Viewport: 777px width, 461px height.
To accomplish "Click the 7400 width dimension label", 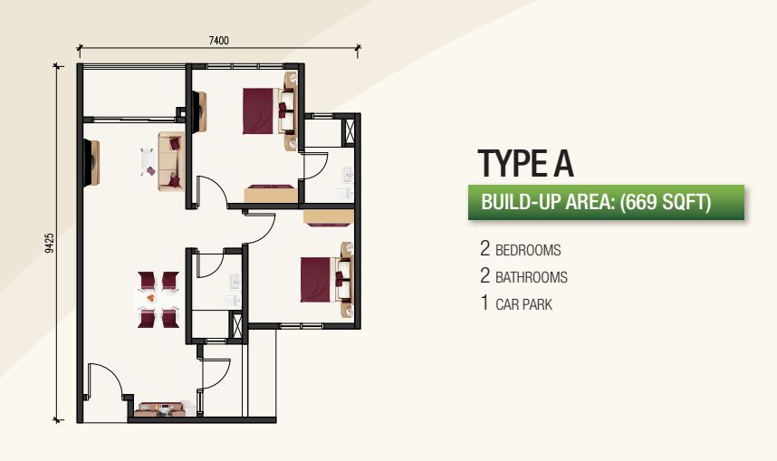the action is tap(218, 41).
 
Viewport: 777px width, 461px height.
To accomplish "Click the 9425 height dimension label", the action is tap(50, 244).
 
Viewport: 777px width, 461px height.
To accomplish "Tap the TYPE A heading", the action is tap(526, 163).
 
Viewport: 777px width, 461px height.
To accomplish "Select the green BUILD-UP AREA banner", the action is tap(606, 202).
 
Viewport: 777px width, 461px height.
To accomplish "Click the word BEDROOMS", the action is tap(528, 250).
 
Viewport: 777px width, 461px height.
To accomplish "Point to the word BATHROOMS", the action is tap(532, 277).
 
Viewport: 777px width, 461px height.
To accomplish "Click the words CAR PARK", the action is tap(523, 304).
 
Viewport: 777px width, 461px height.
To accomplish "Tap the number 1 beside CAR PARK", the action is tap(484, 303).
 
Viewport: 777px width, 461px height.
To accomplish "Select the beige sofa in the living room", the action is tap(171, 161).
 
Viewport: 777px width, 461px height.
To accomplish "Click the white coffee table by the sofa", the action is tap(148, 161).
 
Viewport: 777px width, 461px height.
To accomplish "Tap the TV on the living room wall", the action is tap(92, 163).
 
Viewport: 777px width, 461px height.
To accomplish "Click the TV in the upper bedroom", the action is tap(199, 112).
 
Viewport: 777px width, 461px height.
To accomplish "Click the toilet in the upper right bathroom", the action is tap(344, 193).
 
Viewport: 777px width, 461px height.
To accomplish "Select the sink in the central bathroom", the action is tap(235, 282).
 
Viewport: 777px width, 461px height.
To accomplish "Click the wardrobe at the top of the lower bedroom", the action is tap(329, 218).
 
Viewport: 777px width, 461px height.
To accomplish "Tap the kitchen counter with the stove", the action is tap(160, 409).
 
